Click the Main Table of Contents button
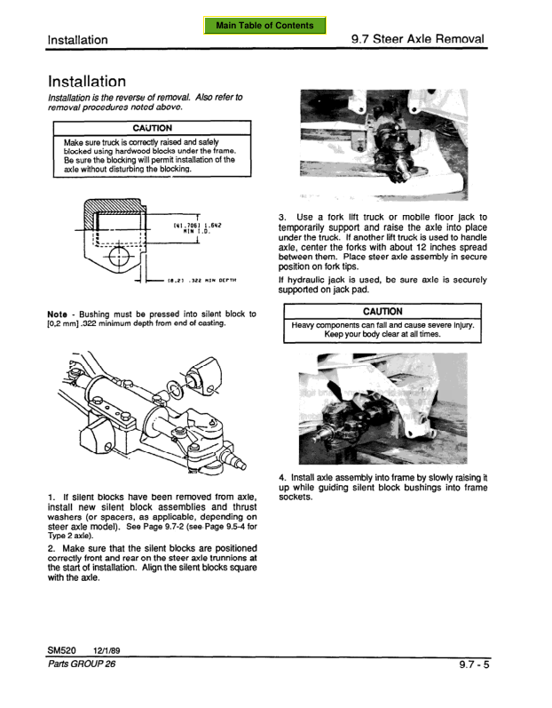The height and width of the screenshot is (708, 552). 270,25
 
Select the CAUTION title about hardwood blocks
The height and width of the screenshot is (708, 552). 152,128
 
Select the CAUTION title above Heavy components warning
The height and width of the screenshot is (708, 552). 382,312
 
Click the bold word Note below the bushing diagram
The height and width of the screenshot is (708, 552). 57,314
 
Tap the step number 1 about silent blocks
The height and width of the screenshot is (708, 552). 50,497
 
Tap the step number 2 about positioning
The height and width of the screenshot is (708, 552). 50,548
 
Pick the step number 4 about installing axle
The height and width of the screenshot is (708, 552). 281,477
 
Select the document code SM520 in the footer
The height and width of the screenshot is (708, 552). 62,649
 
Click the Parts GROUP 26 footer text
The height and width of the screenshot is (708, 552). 81,664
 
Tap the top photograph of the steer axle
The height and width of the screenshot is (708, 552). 382,145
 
